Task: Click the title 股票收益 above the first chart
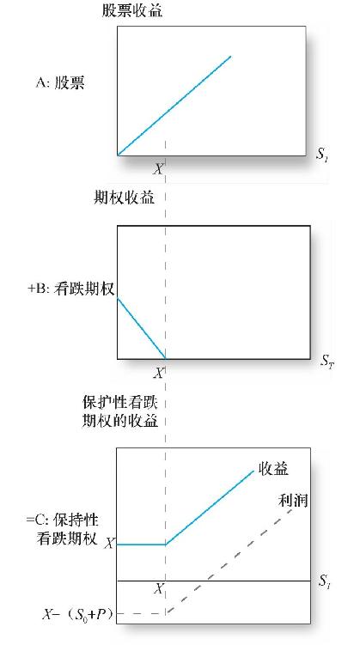coord(132,10)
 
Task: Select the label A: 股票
coord(60,83)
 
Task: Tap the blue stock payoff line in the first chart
coord(174,106)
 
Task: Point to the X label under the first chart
coord(158,168)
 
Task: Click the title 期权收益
coord(125,198)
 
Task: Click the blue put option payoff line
coord(141,328)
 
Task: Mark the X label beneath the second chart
coord(158,373)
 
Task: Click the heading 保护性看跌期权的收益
coord(120,411)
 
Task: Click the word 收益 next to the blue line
coord(273,469)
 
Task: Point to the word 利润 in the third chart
coord(293,500)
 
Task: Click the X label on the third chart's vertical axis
coord(109,544)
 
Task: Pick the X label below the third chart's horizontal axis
coord(158,589)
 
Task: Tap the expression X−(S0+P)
coord(77,615)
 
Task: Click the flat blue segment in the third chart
coord(141,545)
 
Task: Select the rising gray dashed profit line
coord(229,561)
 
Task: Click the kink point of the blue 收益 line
coord(166,545)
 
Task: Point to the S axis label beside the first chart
coord(321,156)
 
